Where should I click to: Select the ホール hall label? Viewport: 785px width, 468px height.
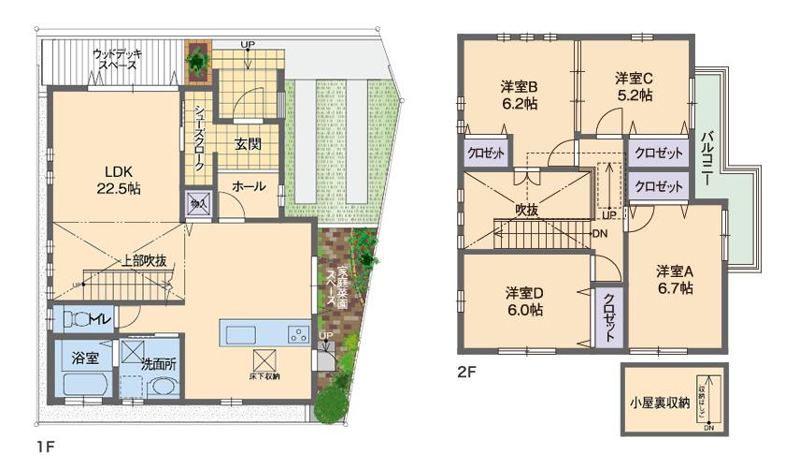[x=249, y=186]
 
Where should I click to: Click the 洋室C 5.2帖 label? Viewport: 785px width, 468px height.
[x=635, y=86]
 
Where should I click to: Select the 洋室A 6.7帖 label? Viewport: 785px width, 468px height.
[x=674, y=279]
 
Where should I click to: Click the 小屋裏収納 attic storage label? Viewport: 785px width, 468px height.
[x=659, y=403]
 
